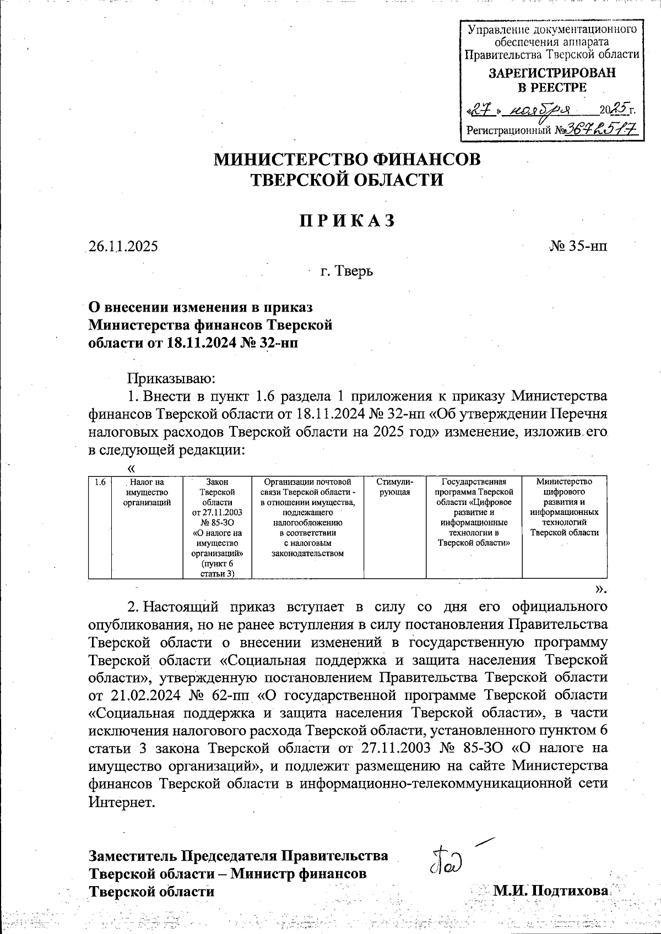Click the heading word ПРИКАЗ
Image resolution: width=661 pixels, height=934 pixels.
(347, 220)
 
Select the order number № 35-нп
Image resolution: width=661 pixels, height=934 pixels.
(578, 246)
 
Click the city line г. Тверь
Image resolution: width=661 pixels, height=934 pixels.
(346, 271)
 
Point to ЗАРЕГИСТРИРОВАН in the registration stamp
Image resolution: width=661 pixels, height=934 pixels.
(552, 73)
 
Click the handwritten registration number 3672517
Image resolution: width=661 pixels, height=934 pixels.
(603, 129)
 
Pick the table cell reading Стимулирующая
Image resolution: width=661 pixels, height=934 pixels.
(395, 487)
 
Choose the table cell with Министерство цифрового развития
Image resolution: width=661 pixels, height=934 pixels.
(564, 507)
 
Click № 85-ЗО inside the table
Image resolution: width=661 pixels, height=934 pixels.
(217, 522)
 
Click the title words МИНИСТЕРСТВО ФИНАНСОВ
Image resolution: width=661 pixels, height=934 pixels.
(346, 159)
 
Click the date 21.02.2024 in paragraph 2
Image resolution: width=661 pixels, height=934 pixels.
(142, 695)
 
